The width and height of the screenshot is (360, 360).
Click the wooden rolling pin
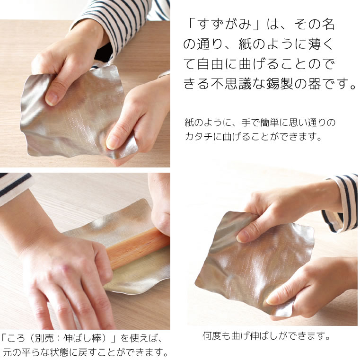137,246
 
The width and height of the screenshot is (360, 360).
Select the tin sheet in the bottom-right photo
251,265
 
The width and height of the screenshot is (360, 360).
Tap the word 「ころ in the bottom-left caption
13,339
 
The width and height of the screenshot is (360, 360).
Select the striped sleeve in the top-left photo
118,19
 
